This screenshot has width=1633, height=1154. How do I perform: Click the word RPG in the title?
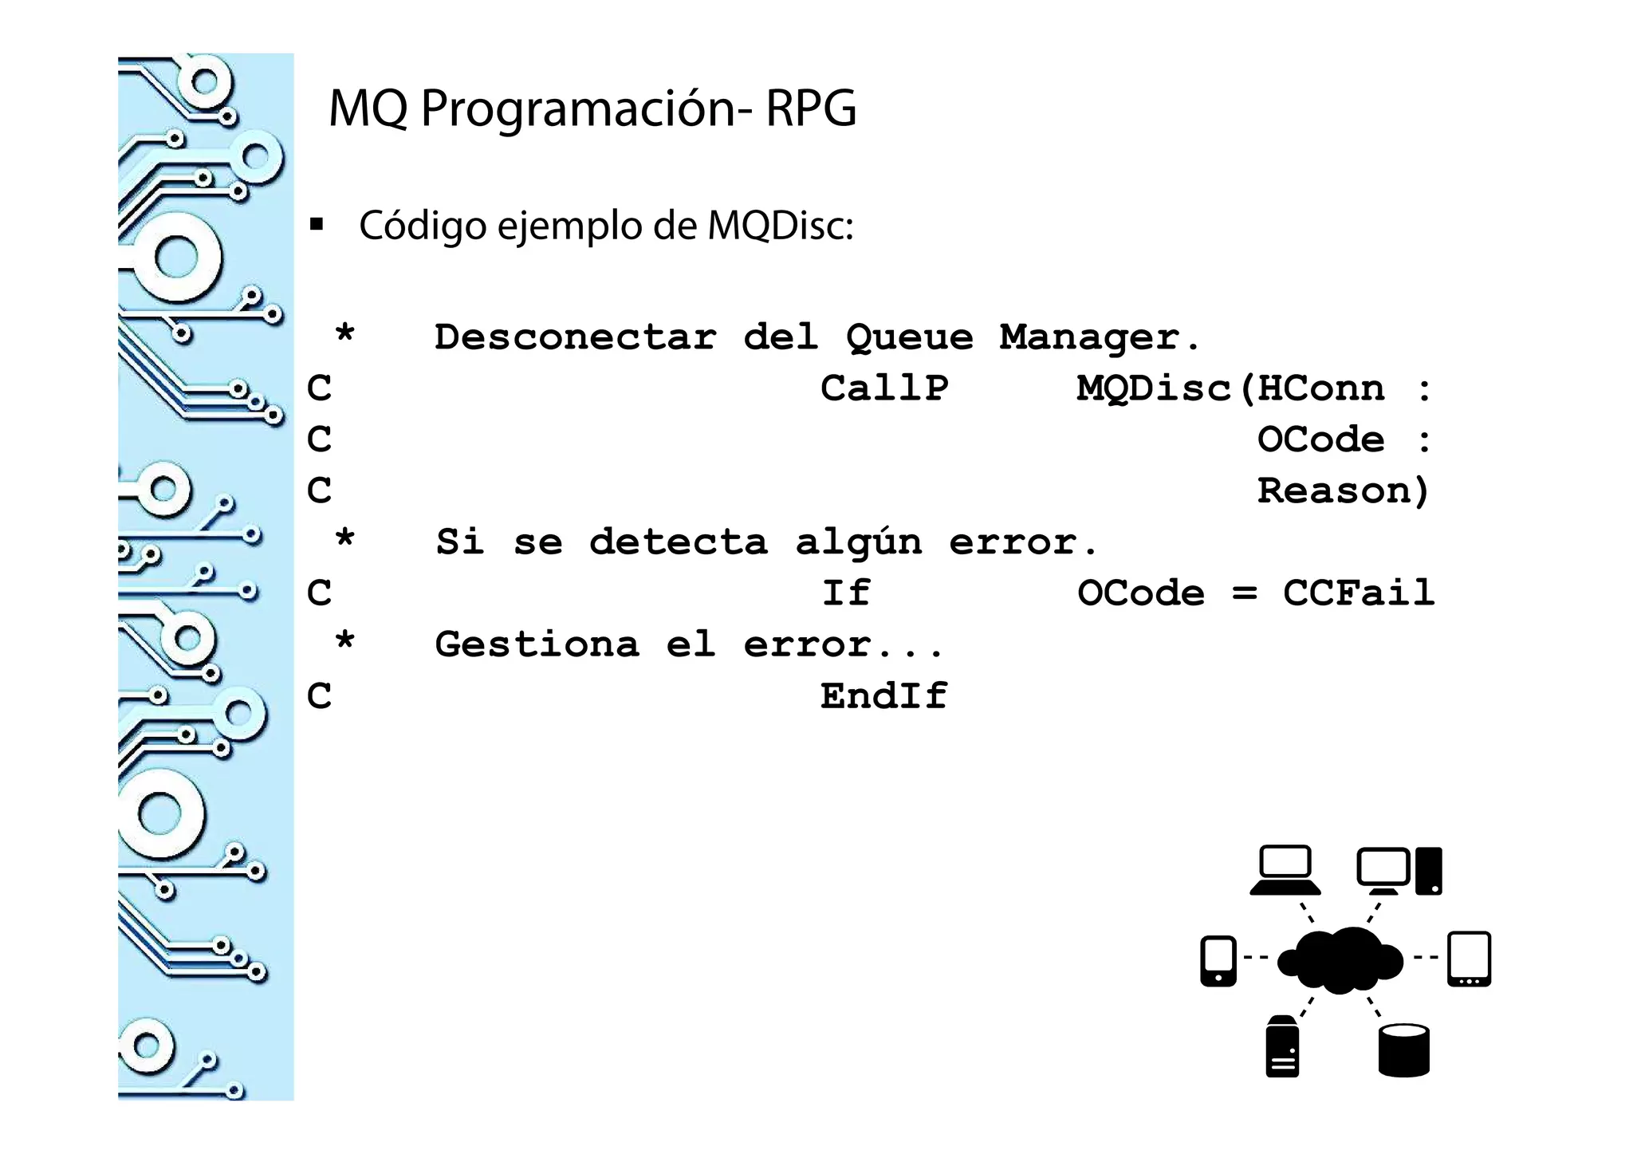coord(810,108)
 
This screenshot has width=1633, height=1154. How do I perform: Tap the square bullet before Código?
coord(317,225)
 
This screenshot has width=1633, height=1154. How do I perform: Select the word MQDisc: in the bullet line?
coord(780,226)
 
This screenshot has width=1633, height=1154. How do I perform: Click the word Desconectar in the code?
coord(574,337)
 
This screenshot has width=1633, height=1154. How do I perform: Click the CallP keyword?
coord(883,389)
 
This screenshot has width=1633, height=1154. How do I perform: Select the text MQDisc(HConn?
coord(1230,389)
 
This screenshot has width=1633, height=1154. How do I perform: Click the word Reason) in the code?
coord(1343,491)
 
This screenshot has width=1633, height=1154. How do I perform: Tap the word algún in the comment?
coord(858,543)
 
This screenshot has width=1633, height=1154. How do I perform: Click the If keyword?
coord(845,593)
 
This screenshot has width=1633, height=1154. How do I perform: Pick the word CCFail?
coord(1358,593)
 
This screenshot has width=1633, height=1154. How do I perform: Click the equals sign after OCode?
coord(1244,593)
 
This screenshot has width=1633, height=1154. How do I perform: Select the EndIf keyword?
coord(883,696)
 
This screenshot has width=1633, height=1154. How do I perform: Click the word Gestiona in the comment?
coord(537,644)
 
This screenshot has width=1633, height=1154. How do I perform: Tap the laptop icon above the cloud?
coord(1285,870)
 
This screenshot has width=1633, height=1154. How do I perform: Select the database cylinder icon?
coord(1403,1050)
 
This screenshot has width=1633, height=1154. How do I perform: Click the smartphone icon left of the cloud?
coord(1218,960)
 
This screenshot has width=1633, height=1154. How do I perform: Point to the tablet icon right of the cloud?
coord(1469,959)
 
